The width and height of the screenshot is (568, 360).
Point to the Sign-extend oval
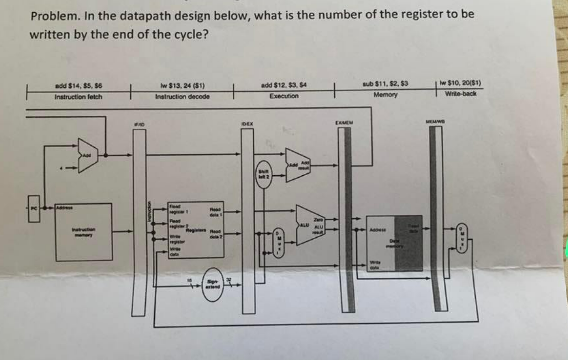click(x=212, y=287)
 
